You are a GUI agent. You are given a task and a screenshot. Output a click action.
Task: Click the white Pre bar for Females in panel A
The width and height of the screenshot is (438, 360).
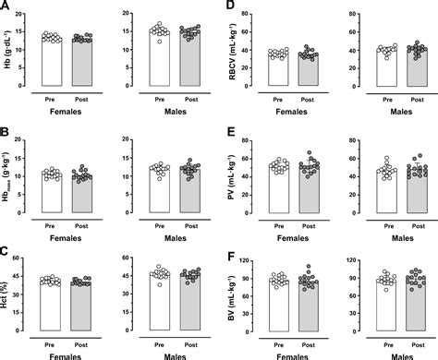(x=51, y=64)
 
